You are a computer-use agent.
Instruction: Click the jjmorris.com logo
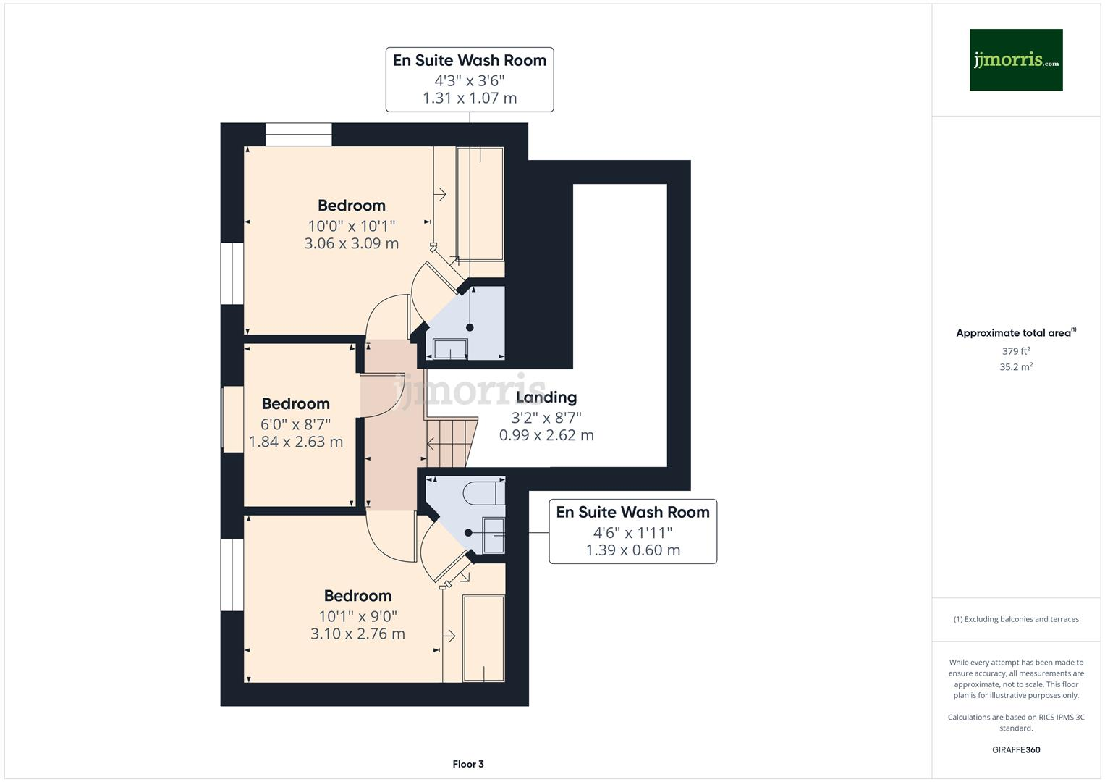tap(1015, 59)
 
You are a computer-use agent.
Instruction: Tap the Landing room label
tap(546, 397)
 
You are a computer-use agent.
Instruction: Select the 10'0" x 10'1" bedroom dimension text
tap(351, 226)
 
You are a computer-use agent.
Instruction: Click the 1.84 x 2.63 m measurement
tap(296, 442)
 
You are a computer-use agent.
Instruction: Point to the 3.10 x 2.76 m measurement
tap(357, 634)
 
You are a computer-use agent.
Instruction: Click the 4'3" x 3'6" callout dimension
tap(469, 80)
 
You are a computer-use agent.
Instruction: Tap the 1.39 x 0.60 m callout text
tap(632, 550)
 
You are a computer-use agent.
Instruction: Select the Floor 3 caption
tap(468, 764)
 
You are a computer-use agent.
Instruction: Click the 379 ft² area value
tap(1016, 351)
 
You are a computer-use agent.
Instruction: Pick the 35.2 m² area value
tap(1016, 367)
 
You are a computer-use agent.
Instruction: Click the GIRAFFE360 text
tap(1016, 750)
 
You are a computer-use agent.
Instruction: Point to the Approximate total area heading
tap(1015, 333)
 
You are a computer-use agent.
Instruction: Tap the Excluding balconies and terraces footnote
tap(1016, 619)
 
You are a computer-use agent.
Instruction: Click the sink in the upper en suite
tap(450, 349)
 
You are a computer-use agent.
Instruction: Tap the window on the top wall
tap(298, 135)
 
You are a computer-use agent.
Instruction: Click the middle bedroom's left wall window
tap(232, 419)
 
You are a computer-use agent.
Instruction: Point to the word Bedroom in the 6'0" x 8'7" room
tap(295, 404)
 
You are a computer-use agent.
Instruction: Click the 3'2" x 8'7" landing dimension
tap(546, 418)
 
